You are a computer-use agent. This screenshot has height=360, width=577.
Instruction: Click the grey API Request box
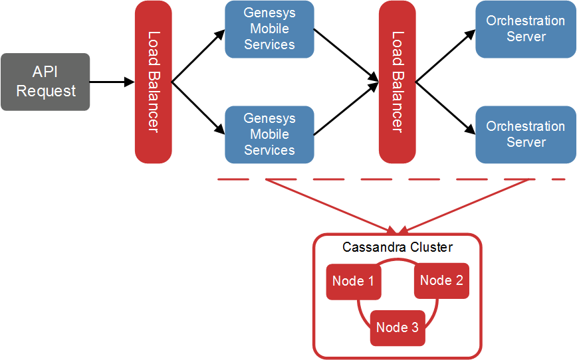click(x=45, y=82)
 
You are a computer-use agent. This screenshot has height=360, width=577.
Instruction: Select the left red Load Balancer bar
click(x=153, y=82)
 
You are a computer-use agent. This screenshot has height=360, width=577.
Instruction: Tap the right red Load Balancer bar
click(x=397, y=82)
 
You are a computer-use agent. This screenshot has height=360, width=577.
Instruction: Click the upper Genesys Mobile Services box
click(x=269, y=29)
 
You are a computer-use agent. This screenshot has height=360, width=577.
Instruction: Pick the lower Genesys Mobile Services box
click(x=269, y=134)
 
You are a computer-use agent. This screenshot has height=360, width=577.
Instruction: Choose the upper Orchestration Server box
click(x=526, y=29)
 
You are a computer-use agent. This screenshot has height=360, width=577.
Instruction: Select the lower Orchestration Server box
click(x=526, y=134)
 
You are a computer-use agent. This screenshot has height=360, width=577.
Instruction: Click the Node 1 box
click(x=352, y=282)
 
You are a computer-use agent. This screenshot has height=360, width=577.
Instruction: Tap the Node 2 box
click(x=441, y=281)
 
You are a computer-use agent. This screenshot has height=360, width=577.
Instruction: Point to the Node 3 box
click(x=398, y=327)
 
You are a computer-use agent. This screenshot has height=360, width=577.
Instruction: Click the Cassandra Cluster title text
click(x=398, y=248)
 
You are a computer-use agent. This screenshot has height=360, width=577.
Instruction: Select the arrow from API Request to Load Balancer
click(x=112, y=82)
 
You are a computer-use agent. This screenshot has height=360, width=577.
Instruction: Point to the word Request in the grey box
click(x=46, y=91)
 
